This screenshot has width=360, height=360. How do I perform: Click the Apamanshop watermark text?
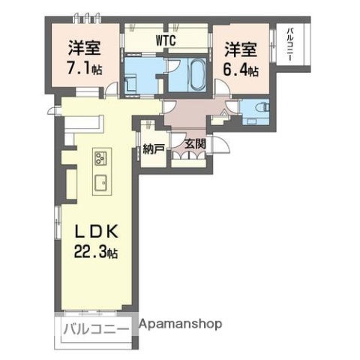[x=181, y=325]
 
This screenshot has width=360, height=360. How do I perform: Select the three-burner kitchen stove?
[x=100, y=159]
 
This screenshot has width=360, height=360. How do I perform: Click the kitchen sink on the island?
[x=100, y=183]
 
